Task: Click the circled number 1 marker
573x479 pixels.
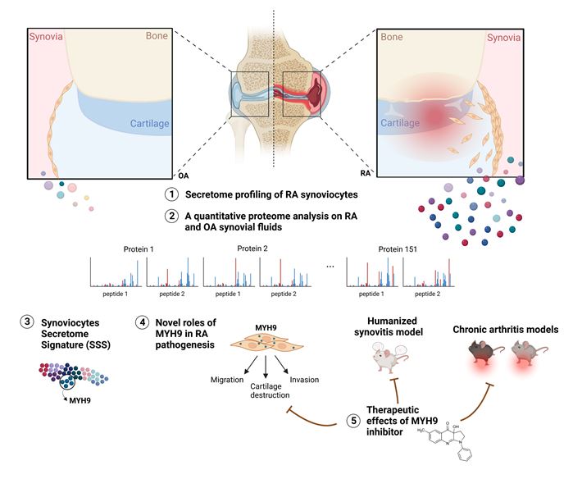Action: click(171, 196)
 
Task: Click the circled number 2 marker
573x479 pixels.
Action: click(171, 217)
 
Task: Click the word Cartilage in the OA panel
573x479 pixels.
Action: click(150, 124)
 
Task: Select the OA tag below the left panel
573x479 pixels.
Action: click(183, 176)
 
